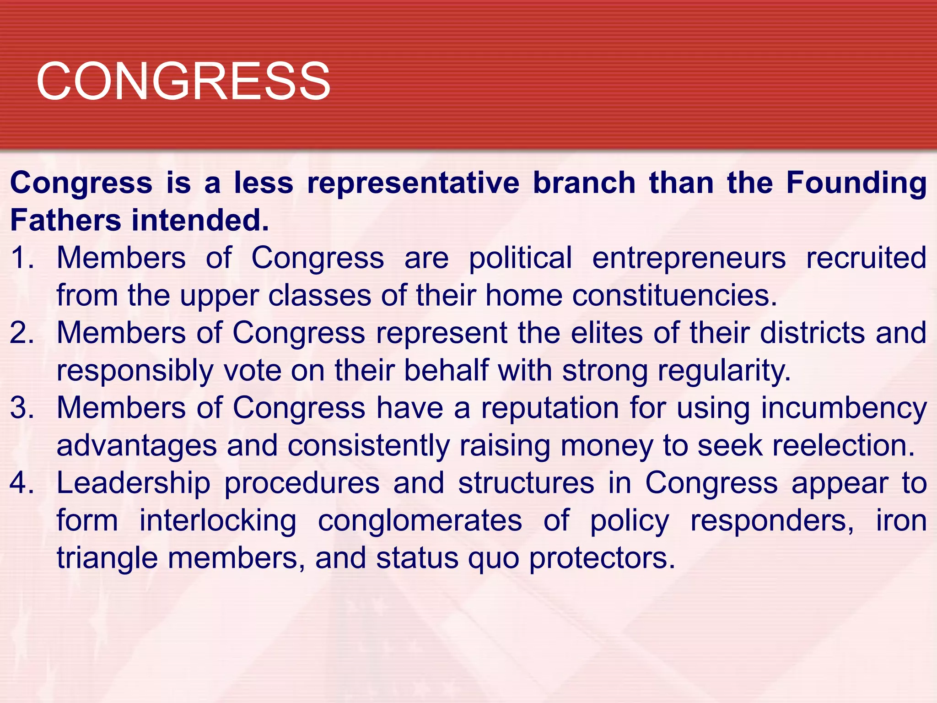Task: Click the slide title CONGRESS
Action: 183,81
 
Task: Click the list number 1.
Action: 22,258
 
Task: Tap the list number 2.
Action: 22,333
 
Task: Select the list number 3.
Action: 22,408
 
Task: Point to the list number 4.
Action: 22,483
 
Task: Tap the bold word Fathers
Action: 65,221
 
